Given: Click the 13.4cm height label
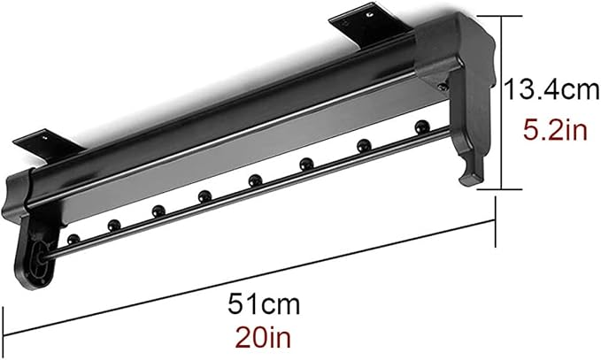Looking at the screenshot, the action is point(551,90).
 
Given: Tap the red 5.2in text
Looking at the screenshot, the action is point(555,130).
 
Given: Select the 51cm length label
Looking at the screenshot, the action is point(264,304).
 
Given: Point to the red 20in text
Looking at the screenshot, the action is point(263,337).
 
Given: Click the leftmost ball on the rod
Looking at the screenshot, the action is point(73,240).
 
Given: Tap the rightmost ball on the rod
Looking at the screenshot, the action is point(422,126).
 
